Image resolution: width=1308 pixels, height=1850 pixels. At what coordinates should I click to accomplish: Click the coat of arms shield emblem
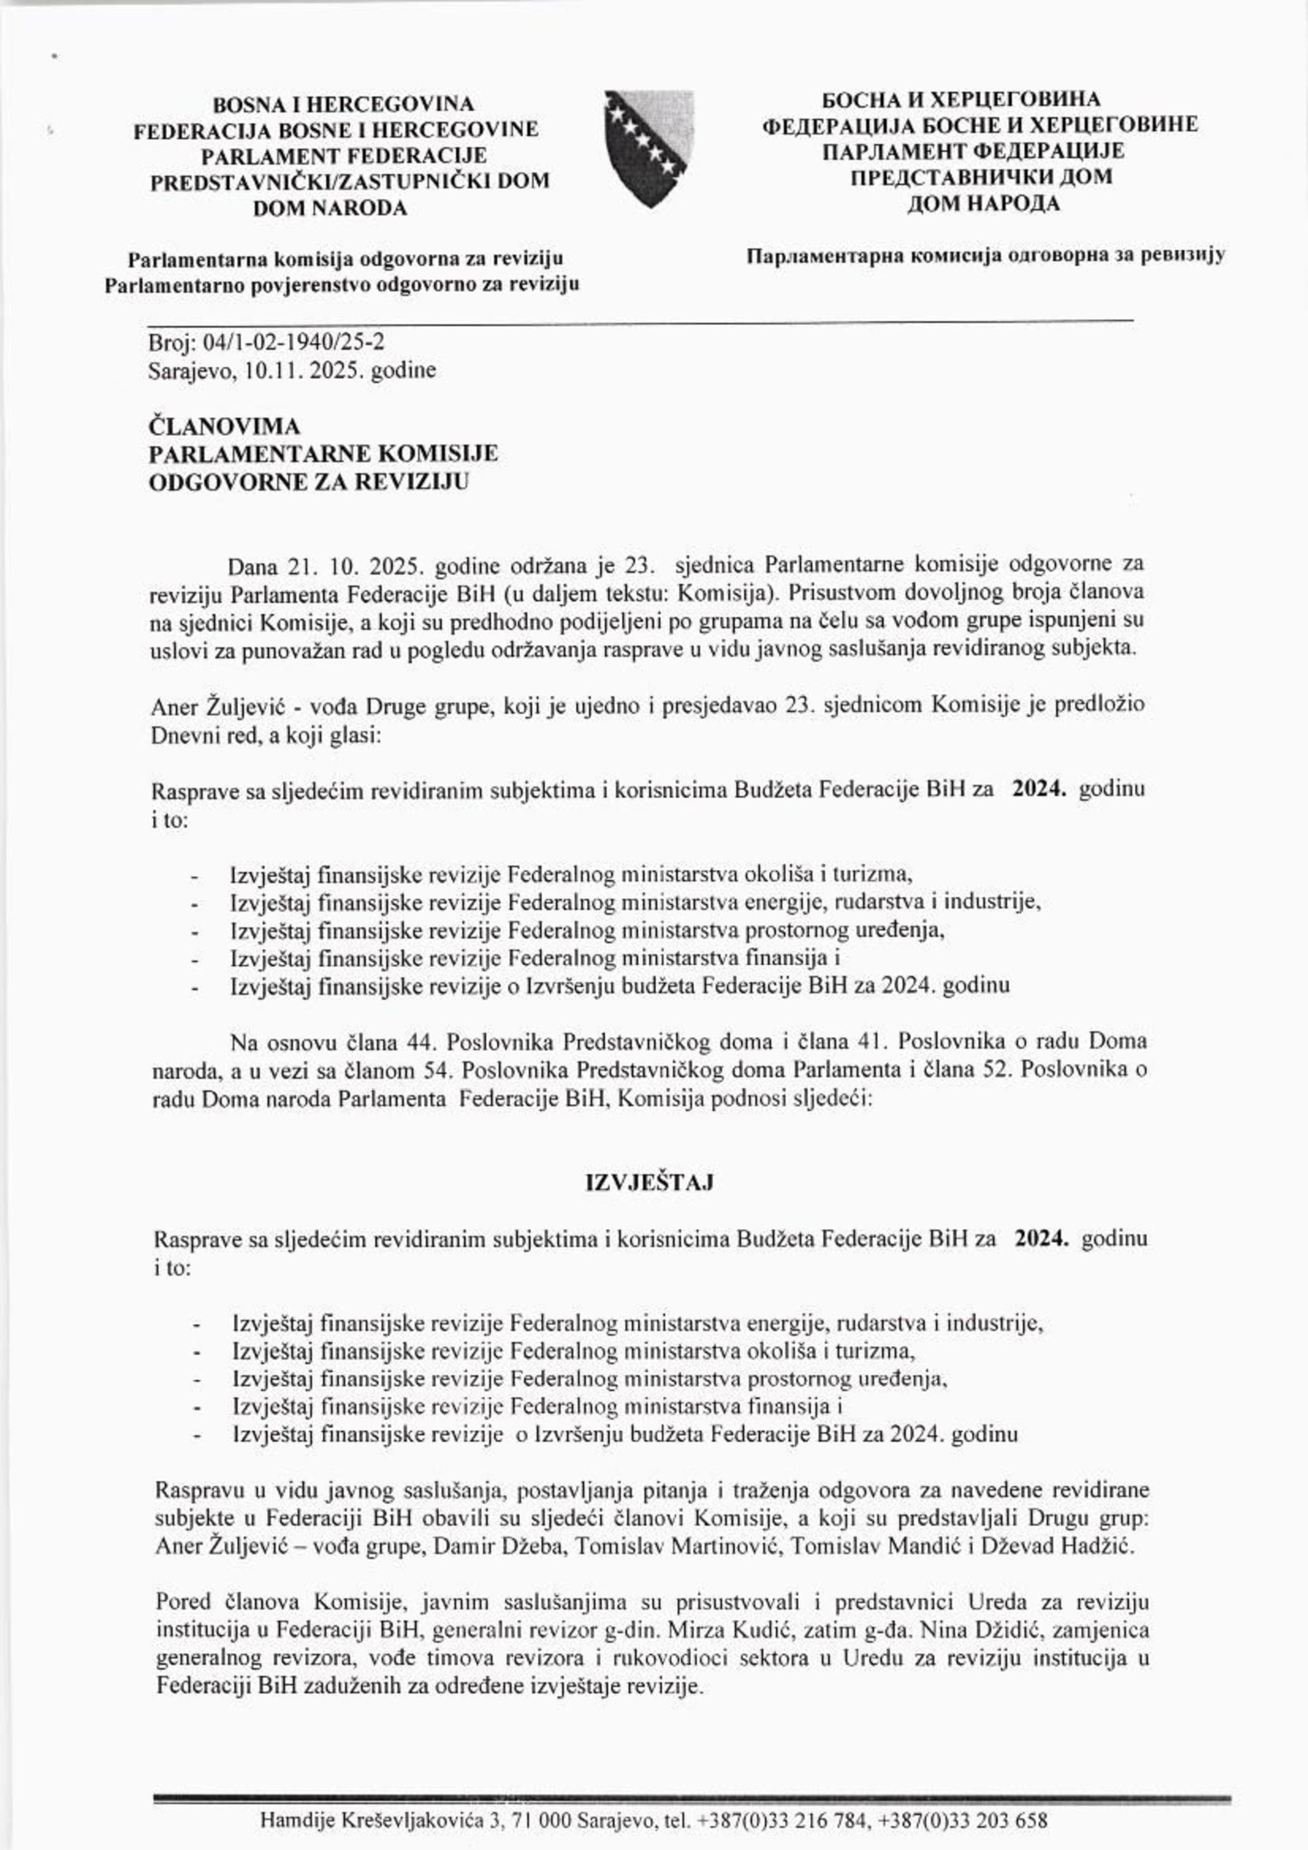649,149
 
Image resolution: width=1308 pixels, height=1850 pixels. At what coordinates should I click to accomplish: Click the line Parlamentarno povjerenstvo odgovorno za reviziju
342,284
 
